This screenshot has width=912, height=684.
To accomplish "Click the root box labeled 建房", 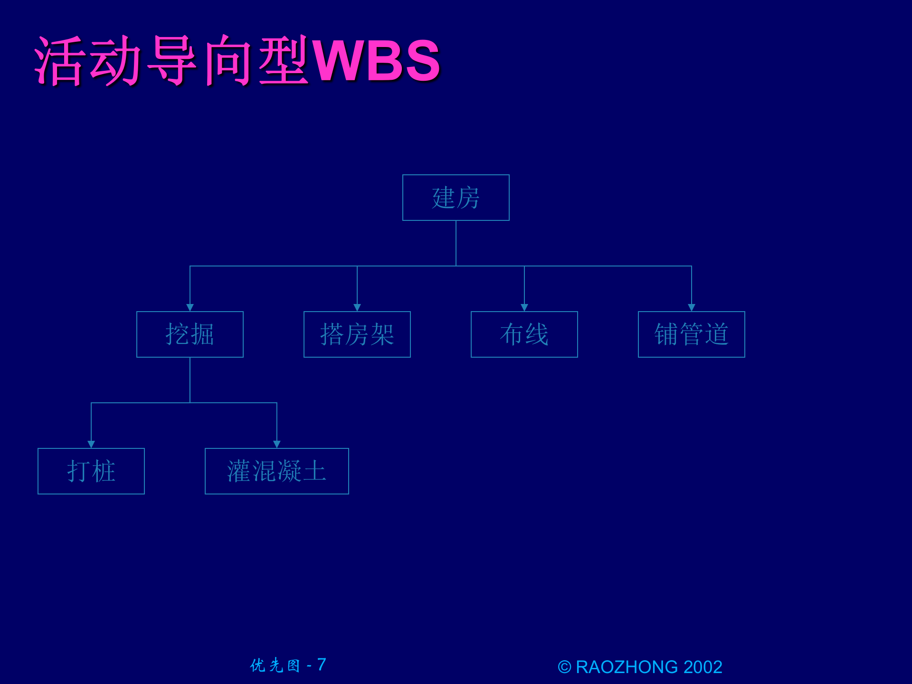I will (456, 198).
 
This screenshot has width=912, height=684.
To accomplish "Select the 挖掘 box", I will (190, 334).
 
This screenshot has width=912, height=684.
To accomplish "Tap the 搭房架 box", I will (357, 334).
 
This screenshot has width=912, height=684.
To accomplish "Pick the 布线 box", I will (524, 334).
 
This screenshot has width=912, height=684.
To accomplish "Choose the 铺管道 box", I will (691, 334).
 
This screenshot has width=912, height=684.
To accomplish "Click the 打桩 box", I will (91, 471).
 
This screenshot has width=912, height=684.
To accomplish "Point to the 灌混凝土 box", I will (276, 471).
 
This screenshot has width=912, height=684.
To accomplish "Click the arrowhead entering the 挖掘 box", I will (190, 307).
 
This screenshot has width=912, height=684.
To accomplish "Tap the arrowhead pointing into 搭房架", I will (357, 307).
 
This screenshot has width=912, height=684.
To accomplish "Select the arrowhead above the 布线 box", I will (524, 307).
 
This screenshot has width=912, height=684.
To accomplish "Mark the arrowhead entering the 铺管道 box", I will (692, 307).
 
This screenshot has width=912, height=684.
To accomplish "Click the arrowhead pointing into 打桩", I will (91, 444).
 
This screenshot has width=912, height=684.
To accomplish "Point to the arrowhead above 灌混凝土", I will (277, 444).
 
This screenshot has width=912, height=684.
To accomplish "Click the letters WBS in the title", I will (376, 61).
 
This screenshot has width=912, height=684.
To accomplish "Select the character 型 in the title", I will (284, 61).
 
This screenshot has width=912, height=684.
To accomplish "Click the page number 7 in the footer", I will (322, 665).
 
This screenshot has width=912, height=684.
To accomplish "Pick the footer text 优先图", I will (275, 665).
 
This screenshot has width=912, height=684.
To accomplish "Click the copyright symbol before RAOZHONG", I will (564, 667).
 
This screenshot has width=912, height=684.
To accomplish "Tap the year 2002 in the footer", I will (703, 667).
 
